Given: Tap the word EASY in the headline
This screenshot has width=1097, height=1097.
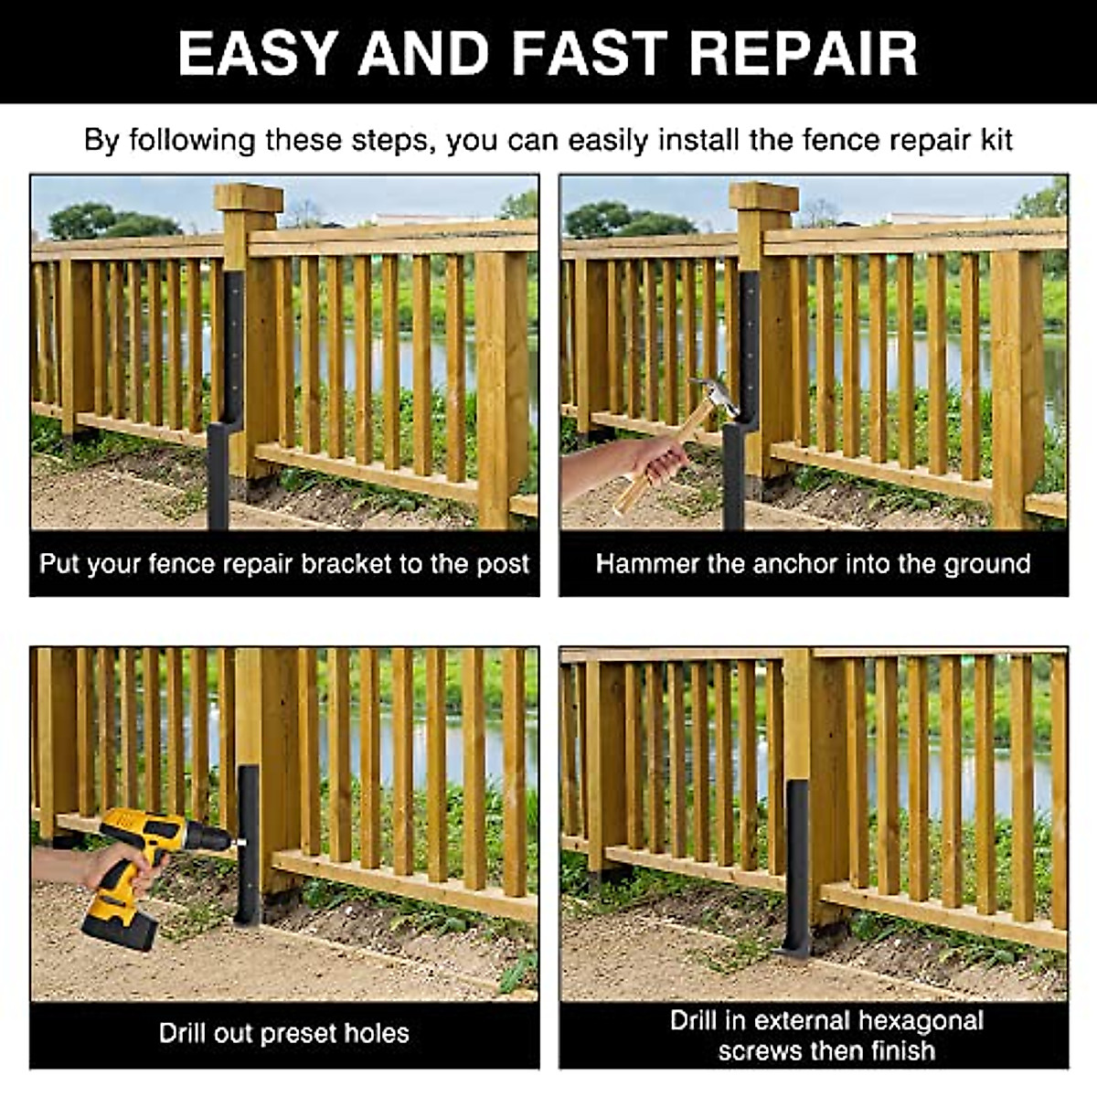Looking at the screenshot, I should [x=259, y=53].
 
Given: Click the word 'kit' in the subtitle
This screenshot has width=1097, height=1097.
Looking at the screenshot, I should [x=995, y=141].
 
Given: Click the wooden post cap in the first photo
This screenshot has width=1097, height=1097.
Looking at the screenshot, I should [x=248, y=198].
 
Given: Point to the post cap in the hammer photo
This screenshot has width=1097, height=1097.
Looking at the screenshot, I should [x=763, y=198].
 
